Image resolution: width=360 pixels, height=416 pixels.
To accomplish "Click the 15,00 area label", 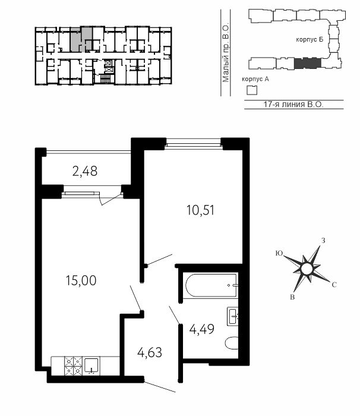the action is [81, 281].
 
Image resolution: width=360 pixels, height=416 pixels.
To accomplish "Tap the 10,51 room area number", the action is [200, 210].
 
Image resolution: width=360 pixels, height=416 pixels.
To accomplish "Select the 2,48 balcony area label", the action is [85, 171].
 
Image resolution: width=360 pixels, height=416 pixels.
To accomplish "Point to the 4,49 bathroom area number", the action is [201, 329].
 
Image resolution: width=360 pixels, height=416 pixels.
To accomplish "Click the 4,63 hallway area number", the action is [150, 353].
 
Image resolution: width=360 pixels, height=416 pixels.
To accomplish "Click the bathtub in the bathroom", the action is [211, 286].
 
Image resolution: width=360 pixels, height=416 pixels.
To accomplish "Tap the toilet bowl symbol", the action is [232, 343].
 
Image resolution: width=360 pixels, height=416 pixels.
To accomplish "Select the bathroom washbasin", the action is [233, 316].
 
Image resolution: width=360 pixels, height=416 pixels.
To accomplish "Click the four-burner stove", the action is [74, 366].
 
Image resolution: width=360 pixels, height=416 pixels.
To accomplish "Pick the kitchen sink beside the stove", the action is [92, 365].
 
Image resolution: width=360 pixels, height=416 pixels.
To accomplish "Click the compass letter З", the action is [323, 241].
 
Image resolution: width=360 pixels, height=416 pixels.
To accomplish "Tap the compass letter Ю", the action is [279, 253].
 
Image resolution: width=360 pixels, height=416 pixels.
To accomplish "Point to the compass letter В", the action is [292, 297].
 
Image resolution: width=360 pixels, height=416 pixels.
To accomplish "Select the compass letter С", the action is [334, 285].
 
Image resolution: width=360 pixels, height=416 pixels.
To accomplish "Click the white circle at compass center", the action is [307, 270].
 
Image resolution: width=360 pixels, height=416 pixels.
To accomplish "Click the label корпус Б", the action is [310, 40].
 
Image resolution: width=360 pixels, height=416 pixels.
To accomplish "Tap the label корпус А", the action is [255, 79].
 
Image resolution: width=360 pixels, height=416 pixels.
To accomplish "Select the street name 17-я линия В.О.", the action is [293, 104].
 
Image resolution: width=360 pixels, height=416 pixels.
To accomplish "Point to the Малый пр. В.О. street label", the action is [226, 53].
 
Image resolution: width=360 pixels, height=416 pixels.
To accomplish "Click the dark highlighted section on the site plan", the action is [308, 63].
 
